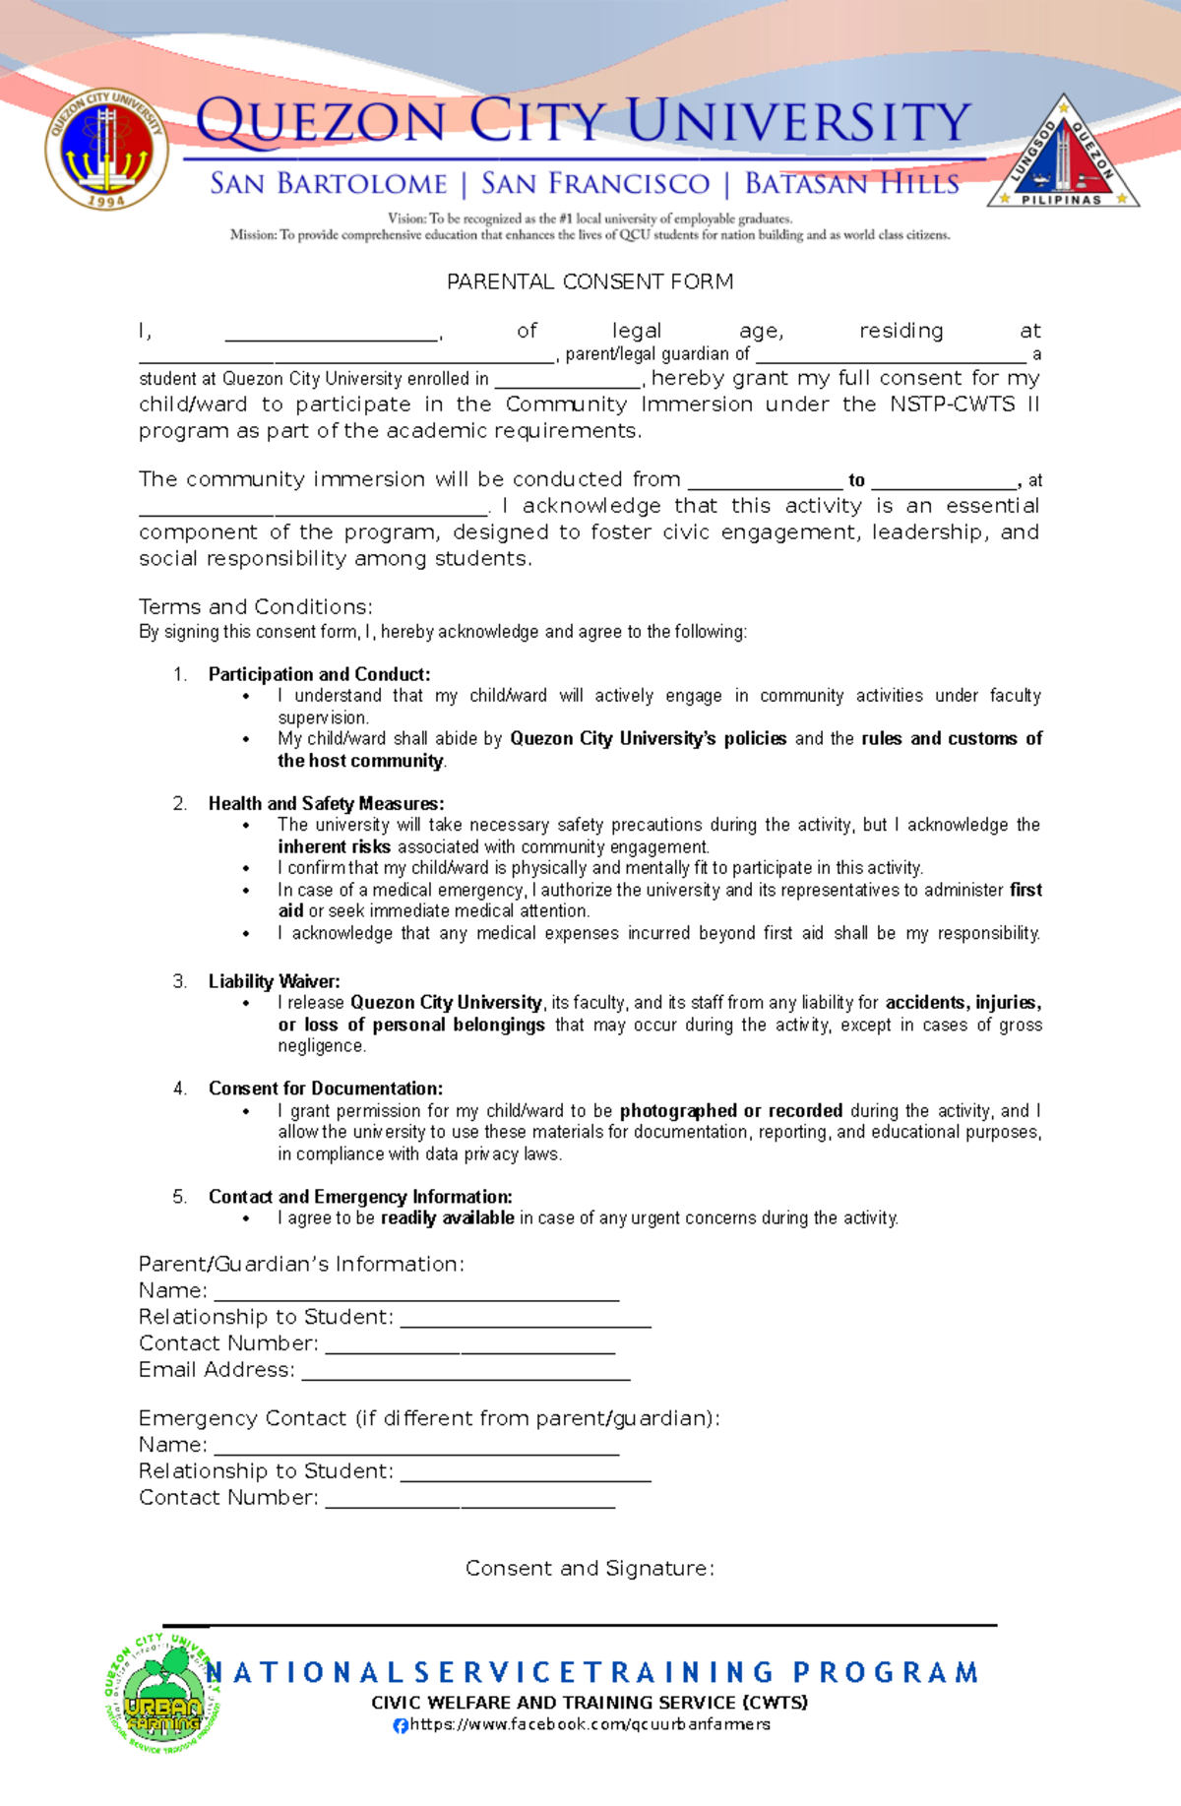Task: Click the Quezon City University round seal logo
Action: [x=106, y=150]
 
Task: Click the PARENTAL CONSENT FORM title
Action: [x=590, y=282]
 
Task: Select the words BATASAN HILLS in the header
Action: [x=851, y=184]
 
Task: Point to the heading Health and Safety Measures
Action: [x=326, y=804]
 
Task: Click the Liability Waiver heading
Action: [x=274, y=981]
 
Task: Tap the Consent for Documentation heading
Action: [x=325, y=1089]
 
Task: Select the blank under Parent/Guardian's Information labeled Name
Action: [x=416, y=1293]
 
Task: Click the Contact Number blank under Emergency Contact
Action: [x=469, y=1501]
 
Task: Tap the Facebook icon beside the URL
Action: [x=401, y=1725]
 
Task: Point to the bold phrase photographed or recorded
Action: [x=730, y=1111]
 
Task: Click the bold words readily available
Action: [x=447, y=1218]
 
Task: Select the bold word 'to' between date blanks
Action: [x=856, y=480]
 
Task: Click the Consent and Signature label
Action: [x=590, y=1568]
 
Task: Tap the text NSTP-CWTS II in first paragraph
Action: [x=963, y=405]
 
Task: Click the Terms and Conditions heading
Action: [x=256, y=607]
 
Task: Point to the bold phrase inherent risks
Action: [x=334, y=847]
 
